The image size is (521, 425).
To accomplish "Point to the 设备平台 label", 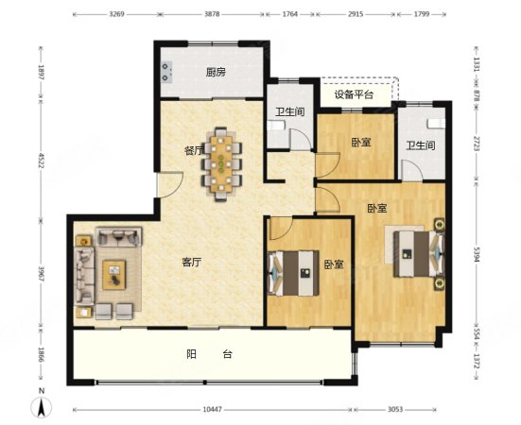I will [354, 93].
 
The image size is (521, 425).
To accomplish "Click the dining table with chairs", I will [224, 163].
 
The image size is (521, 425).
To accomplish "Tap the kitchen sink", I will [166, 69].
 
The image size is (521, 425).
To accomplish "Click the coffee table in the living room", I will [113, 274].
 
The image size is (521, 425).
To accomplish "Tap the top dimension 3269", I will [117, 14].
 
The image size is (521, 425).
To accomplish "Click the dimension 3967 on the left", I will [40, 276].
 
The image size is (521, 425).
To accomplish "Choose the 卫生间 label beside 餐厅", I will [289, 112].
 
